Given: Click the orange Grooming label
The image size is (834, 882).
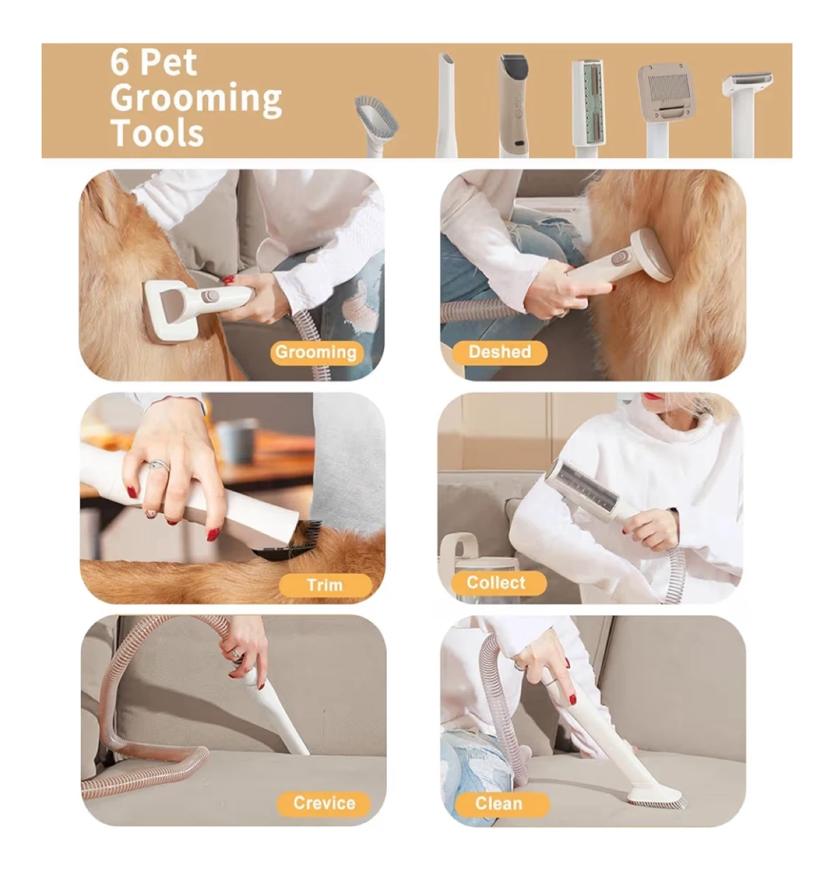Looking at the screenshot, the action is (316, 353).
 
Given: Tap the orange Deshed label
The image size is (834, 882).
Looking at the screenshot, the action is (499, 352).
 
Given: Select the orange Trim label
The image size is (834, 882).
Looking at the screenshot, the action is (325, 586).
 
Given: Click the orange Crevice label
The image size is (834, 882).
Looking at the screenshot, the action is (324, 804).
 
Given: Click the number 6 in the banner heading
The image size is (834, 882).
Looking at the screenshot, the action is (119, 62).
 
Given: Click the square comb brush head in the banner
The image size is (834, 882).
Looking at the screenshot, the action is (666, 93).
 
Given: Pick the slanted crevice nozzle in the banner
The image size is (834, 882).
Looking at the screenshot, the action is (446, 105).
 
